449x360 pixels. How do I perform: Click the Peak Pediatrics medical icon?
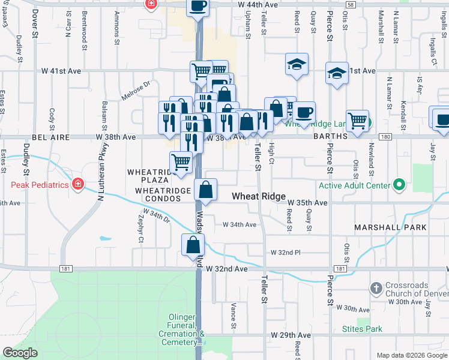tap(77, 184)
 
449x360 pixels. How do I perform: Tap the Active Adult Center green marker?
tap(397, 185)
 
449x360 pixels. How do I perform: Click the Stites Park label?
tap(362, 329)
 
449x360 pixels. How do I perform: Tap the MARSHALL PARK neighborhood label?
tap(390, 227)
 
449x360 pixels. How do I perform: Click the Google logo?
tap(20, 353)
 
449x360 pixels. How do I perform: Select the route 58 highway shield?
tap(350, 4)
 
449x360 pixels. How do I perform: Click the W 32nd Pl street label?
tap(285, 253)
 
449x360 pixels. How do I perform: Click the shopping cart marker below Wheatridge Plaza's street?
tap(181, 162)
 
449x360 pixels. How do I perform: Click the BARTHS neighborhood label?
tap(331, 137)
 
